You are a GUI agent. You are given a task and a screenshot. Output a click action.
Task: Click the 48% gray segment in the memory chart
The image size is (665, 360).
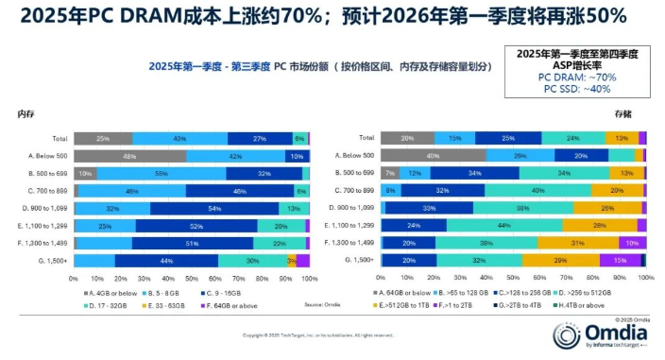tap(129, 156)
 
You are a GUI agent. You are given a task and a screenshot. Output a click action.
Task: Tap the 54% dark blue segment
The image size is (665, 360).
tap(214, 209)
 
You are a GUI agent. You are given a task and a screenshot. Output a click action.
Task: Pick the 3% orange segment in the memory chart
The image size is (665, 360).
tap(292, 261)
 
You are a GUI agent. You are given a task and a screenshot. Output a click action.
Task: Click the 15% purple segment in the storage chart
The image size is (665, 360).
tap(620, 261)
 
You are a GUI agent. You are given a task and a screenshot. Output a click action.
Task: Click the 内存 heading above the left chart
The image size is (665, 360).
tap(26, 114)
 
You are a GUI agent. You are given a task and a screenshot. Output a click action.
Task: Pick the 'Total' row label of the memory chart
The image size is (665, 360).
tap(60, 139)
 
